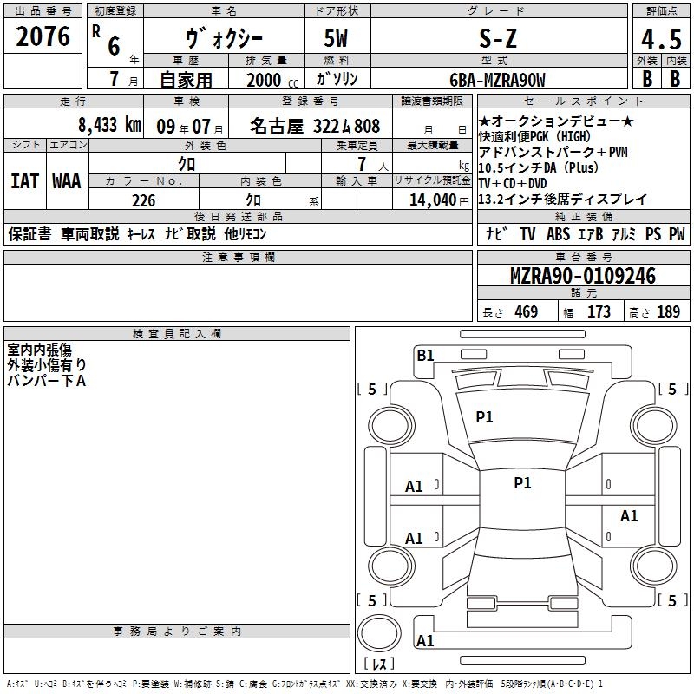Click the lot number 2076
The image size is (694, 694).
point(43,36)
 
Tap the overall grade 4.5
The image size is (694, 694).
point(661,39)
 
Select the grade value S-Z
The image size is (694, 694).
point(498,38)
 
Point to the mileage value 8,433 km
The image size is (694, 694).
point(109,125)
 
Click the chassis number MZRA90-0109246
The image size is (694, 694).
point(583,276)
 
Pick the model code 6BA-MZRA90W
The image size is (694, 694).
point(497,80)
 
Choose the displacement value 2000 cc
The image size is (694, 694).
point(272,81)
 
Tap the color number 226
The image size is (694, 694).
point(144,200)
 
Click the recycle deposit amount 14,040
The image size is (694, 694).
point(432,200)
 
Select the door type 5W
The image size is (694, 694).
point(336,38)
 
